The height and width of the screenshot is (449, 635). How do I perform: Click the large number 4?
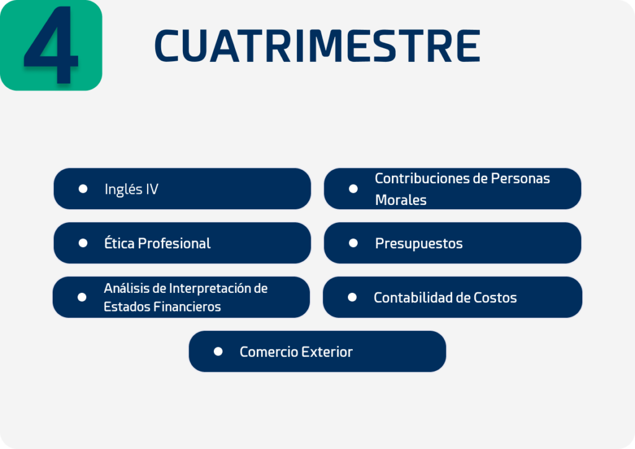tap(51, 45)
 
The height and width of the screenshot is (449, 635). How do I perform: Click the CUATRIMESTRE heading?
tap(317, 46)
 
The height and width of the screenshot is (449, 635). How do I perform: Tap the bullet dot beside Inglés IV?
tap(83, 189)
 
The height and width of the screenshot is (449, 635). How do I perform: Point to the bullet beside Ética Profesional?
tap(83, 243)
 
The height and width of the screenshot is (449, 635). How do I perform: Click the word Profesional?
tap(174, 243)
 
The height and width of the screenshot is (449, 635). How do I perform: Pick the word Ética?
tap(120, 243)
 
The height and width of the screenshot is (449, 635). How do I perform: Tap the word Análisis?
tap(127, 288)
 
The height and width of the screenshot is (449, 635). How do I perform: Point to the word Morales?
tap(401, 200)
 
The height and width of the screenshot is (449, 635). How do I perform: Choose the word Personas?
tap(520, 178)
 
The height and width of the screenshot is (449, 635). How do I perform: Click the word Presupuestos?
tap(419, 243)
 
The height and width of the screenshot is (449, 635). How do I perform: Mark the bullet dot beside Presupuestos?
tap(353, 243)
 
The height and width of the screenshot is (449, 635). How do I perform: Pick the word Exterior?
tap(327, 352)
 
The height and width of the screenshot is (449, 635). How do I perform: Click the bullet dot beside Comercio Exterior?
tap(218, 352)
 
